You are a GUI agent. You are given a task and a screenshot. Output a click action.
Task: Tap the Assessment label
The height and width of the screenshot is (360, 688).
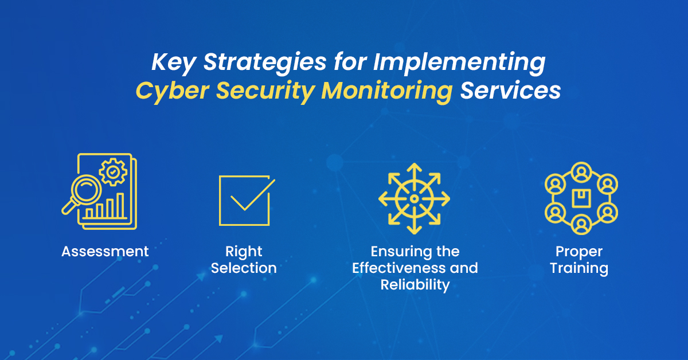click(x=105, y=251)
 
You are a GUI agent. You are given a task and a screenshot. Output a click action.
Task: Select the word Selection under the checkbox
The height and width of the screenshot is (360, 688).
click(x=244, y=268)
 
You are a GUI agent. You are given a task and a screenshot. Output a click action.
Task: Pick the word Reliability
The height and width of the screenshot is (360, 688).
click(x=415, y=285)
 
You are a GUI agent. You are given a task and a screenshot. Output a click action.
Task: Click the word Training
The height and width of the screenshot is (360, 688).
click(x=579, y=268)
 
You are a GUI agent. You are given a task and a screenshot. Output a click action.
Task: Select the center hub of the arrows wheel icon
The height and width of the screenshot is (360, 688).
click(x=414, y=198)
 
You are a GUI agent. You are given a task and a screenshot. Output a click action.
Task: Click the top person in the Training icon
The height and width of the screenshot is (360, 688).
click(x=580, y=171)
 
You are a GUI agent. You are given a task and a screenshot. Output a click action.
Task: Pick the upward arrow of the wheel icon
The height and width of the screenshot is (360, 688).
click(x=414, y=169)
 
